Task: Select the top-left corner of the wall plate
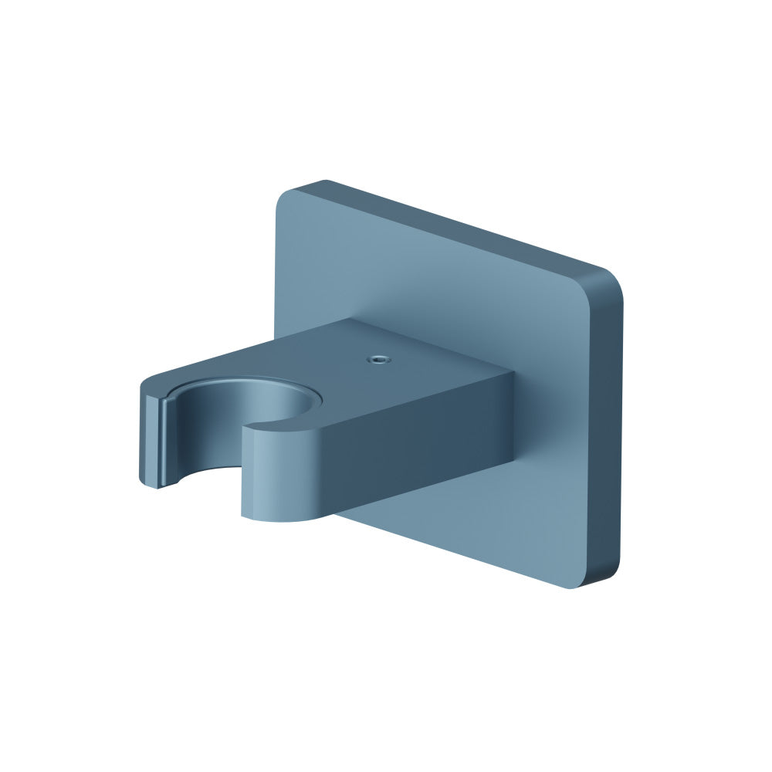tap(287, 193)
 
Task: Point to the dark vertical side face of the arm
tap(417, 448)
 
